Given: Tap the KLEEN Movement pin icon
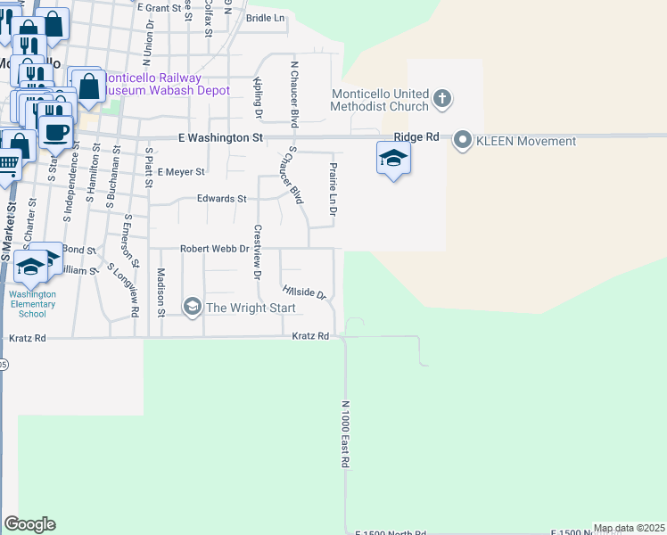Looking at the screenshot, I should point(463,140).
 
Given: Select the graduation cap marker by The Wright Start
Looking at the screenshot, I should point(192,308).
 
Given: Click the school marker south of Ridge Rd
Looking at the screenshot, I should point(393,159).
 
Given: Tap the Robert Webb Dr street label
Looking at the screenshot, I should point(214,250).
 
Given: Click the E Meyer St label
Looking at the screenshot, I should point(181,171).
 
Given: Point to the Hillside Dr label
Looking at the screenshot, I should point(304,292).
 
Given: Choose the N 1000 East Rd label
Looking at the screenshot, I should point(344,434).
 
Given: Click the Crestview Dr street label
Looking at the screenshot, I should point(257,251).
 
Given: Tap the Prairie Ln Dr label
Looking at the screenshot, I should point(333,189).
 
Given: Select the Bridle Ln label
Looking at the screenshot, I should point(265,18).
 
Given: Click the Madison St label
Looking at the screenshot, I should point(161,292).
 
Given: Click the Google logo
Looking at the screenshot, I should point(29,524).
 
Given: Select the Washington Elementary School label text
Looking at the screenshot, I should point(32,304).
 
